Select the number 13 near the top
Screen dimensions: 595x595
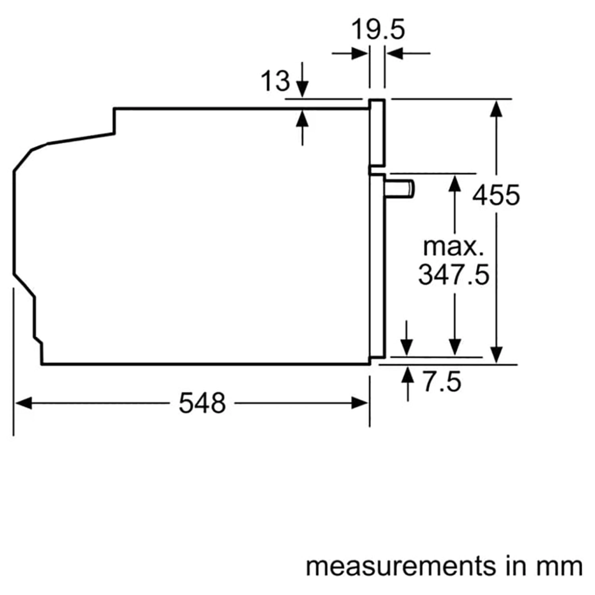275,81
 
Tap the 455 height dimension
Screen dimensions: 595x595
496,195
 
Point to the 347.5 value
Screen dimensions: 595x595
454,274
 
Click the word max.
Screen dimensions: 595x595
453,247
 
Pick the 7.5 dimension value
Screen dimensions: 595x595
441,382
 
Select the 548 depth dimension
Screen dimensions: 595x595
202,403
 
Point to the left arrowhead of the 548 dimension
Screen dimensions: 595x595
23,403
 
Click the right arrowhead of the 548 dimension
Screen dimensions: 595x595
360,403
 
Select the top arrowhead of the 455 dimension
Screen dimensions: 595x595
496,108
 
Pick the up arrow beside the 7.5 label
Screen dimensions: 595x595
407,375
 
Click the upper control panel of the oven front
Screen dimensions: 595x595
377,132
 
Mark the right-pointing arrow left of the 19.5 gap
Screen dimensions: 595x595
359,53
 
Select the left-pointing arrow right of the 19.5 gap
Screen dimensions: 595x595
395,53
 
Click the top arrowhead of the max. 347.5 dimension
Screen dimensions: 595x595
455,183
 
